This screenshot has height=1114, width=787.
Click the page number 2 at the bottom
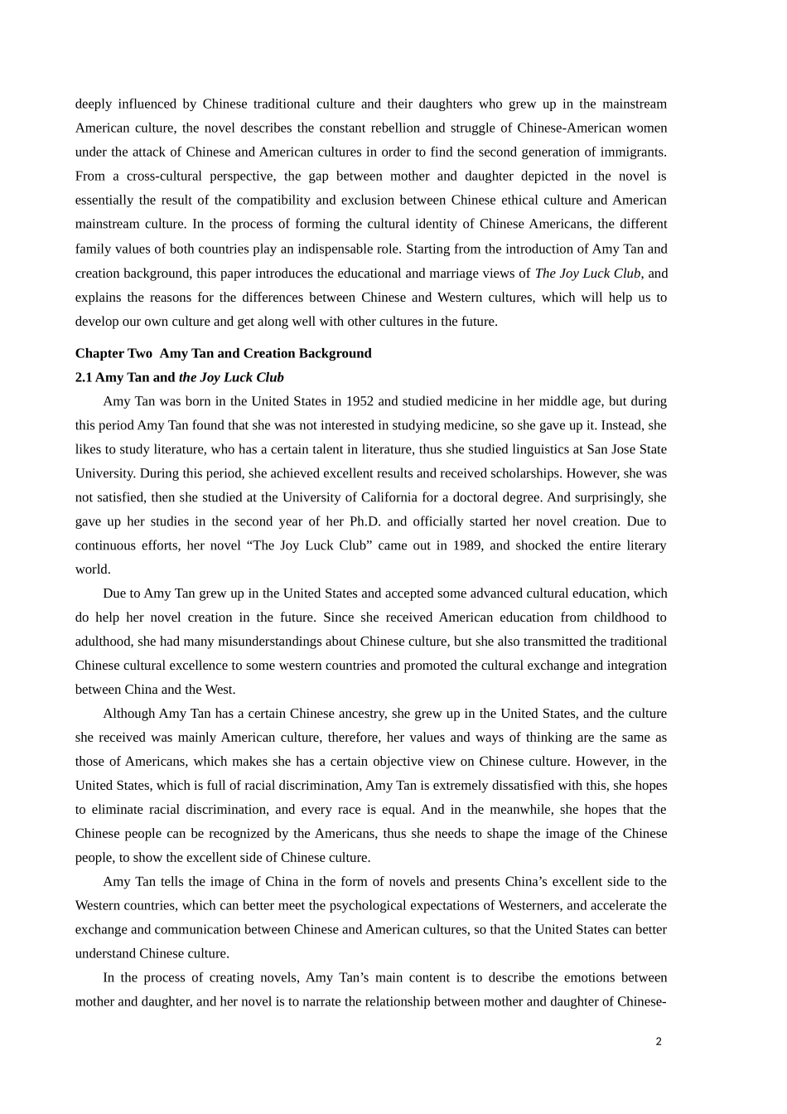click(x=659, y=1042)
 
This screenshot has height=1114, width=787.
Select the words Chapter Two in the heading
click(x=113, y=353)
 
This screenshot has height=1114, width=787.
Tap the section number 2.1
click(x=84, y=377)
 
